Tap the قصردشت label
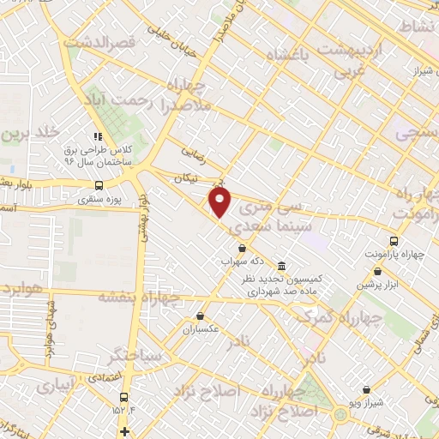click(102, 42)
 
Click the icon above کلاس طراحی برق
click(98, 135)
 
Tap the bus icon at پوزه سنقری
click(99, 184)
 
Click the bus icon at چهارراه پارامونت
click(394, 241)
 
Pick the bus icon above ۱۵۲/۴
click(124, 396)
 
